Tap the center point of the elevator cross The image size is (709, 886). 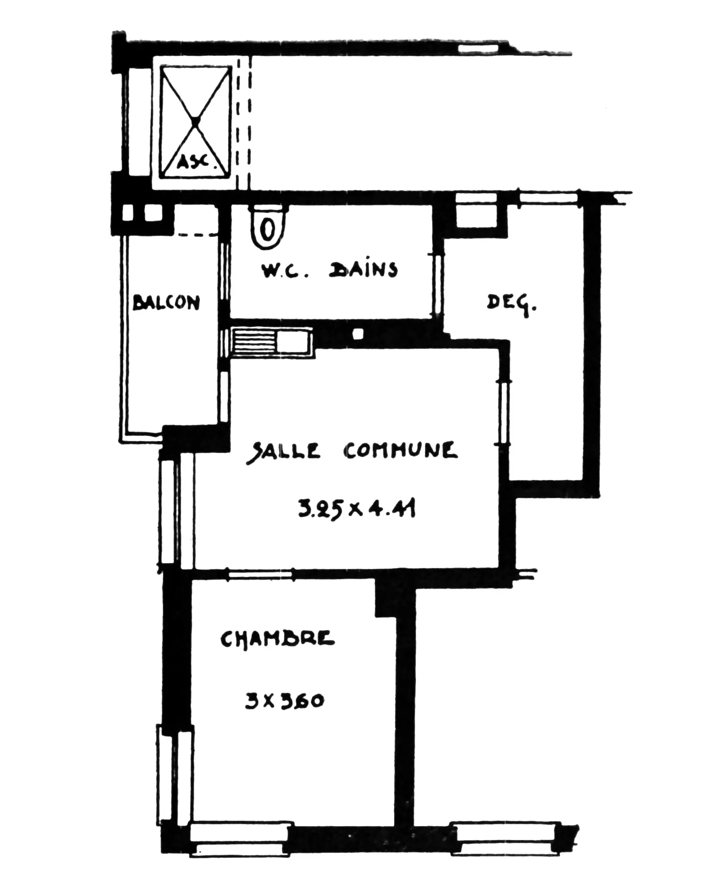tap(195, 121)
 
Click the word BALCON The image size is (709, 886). tap(166, 303)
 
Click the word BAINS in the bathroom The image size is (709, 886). tap(363, 270)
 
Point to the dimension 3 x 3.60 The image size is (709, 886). tap(284, 700)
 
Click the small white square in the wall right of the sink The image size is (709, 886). tap(357, 334)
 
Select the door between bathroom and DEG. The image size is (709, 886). tap(438, 284)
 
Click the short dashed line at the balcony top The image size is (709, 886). tap(196, 235)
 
